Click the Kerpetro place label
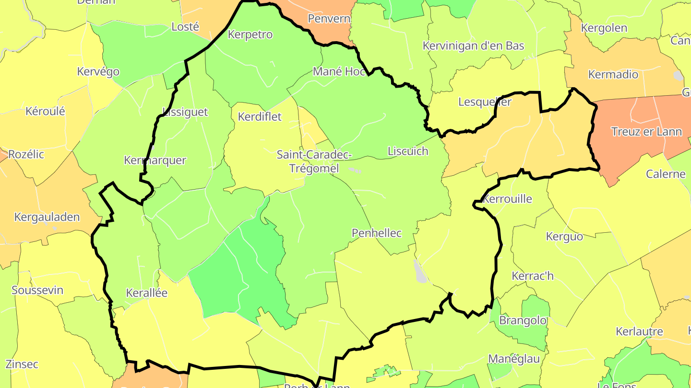point(250,34)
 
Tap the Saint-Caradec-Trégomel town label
point(314,161)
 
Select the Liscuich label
point(407,151)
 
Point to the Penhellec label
point(377,233)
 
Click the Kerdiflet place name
point(260,116)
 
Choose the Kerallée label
point(146,293)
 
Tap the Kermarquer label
point(155,160)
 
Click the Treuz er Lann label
point(646,132)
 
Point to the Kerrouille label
point(508,199)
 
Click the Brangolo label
point(523,320)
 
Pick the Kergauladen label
point(47,217)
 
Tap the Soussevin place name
point(37,290)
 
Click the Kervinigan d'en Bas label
point(473,46)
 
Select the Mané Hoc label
point(339,71)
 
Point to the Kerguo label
point(564,237)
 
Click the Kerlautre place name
point(639,331)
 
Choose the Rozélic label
point(26,154)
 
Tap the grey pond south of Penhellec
point(420,272)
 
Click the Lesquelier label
point(485,102)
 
